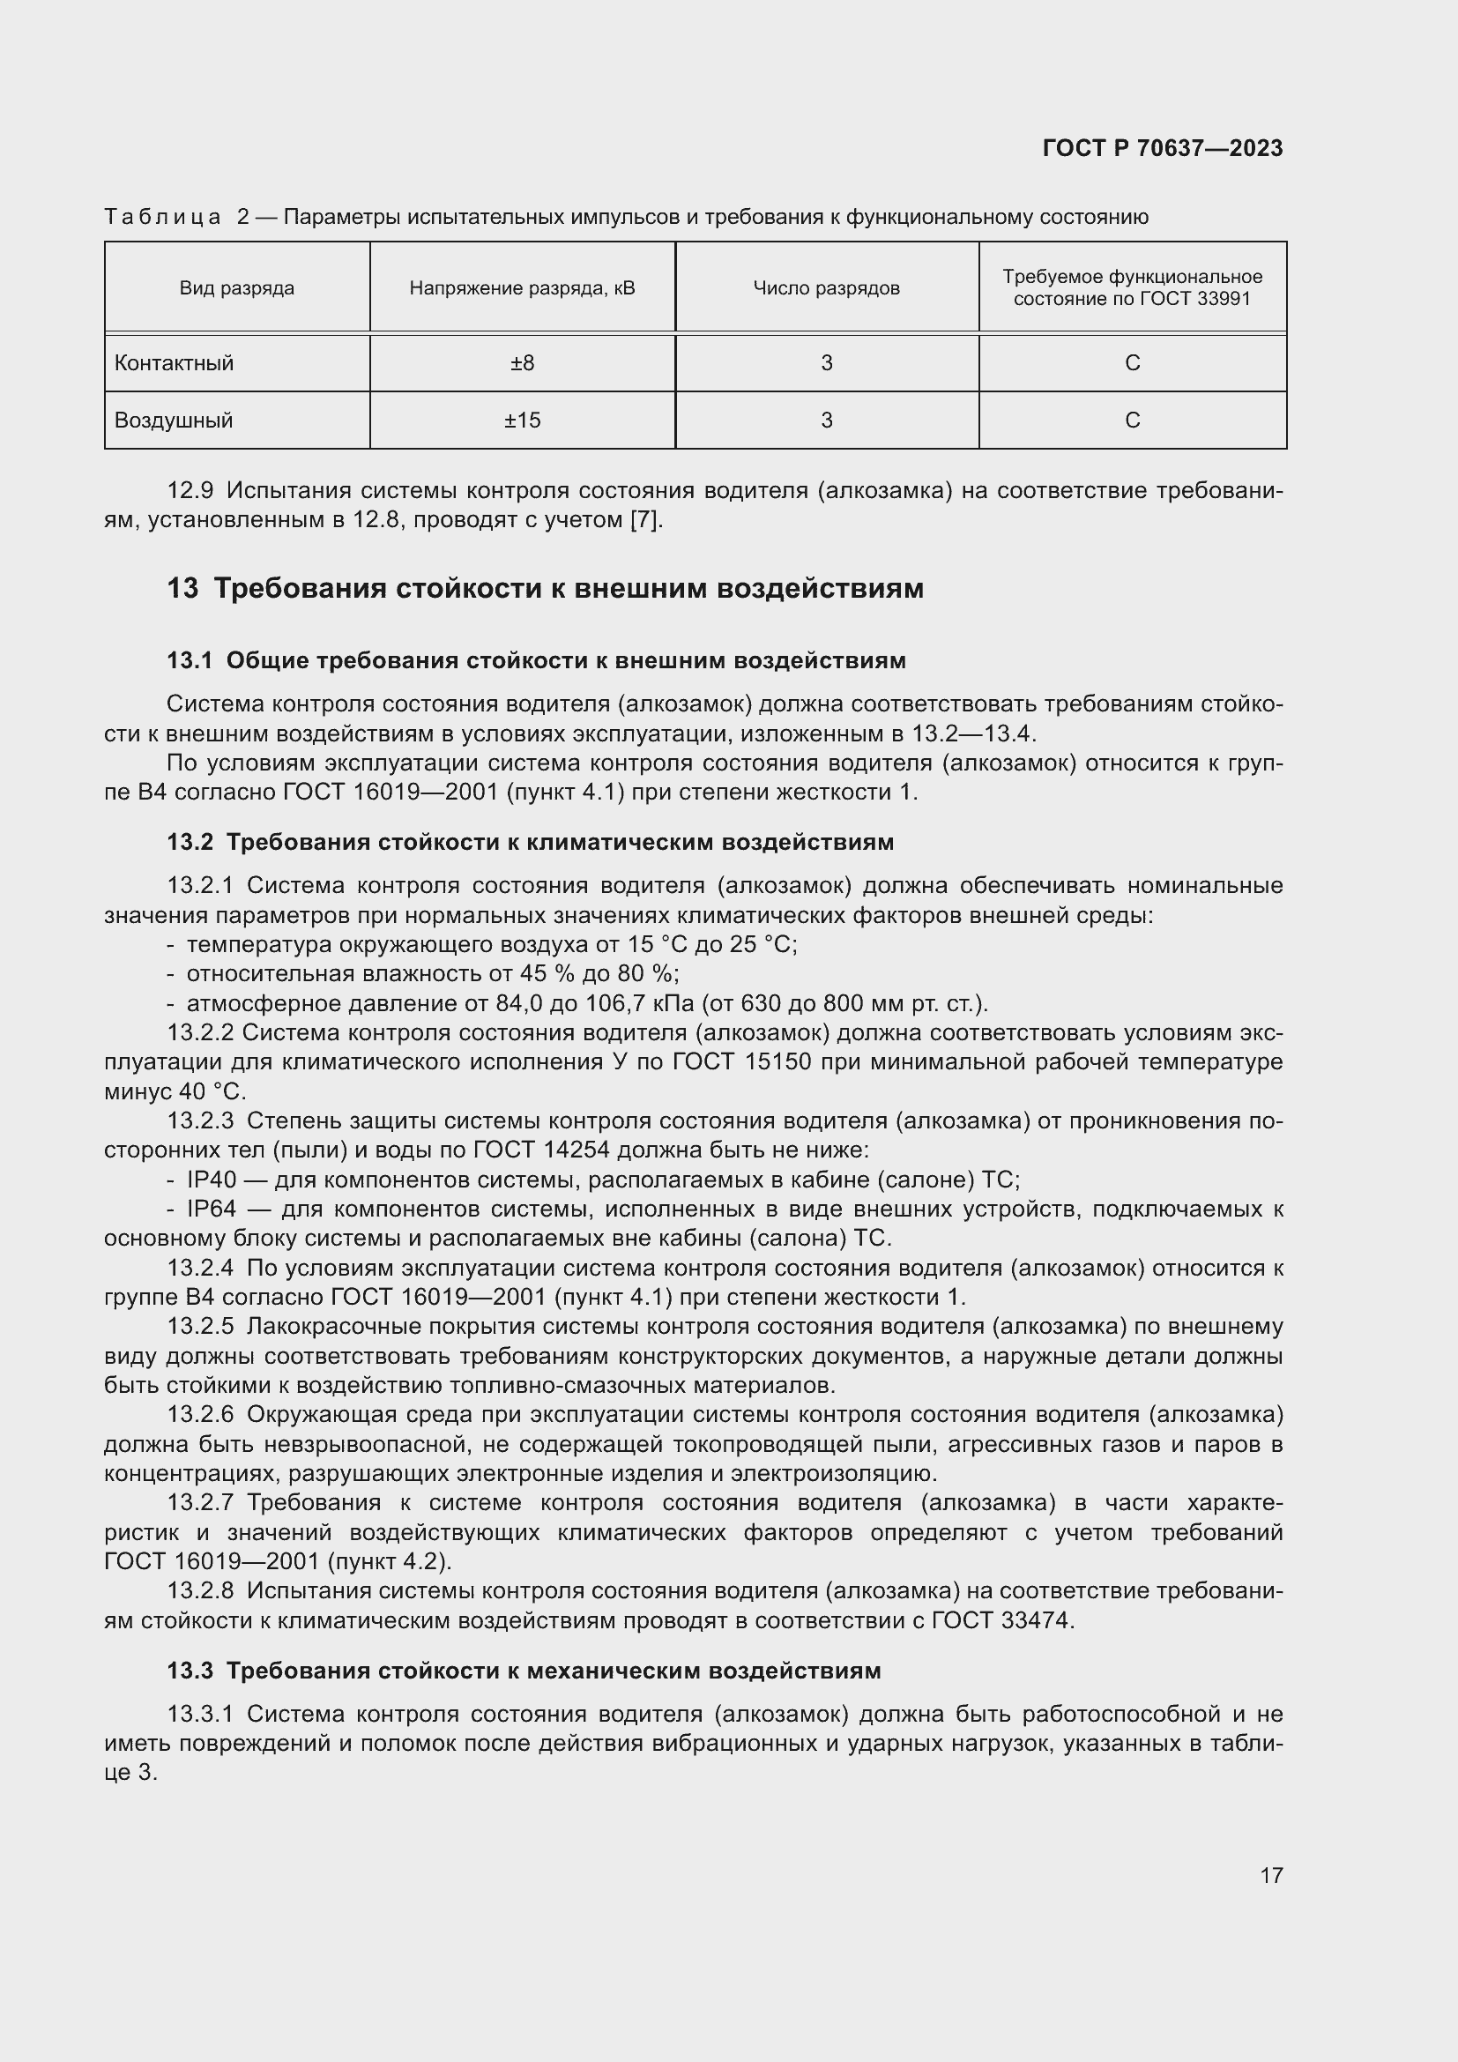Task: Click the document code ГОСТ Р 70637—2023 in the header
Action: [x=1163, y=149]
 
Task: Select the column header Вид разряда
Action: [x=237, y=288]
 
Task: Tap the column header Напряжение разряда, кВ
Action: [x=522, y=288]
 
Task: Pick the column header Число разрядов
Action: [x=826, y=288]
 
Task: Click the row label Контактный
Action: [x=175, y=364]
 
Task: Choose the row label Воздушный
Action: [x=174, y=421]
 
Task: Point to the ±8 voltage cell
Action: [x=522, y=364]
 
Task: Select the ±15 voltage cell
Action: [x=522, y=421]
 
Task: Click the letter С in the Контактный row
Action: [x=1132, y=364]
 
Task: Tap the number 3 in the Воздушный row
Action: [x=826, y=421]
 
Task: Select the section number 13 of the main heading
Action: [x=182, y=589]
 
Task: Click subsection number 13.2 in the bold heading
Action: [x=190, y=843]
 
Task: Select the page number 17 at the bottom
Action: [x=1271, y=1875]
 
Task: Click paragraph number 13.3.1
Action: [x=200, y=1715]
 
